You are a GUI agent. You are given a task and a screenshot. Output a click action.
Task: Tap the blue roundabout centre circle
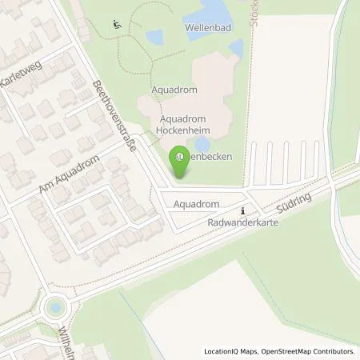[55, 306]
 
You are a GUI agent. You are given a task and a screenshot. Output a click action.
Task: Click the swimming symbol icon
[118, 23]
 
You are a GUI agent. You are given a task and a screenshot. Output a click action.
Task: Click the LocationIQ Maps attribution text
[230, 351]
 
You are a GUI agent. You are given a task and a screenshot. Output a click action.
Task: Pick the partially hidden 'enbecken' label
[209, 158]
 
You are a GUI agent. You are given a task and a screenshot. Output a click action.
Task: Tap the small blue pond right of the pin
[201, 144]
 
